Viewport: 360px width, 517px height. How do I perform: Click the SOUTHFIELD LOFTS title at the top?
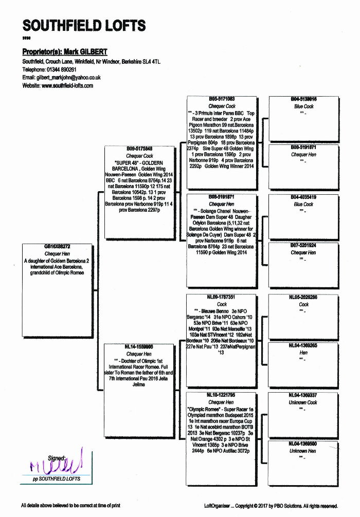tap(84, 25)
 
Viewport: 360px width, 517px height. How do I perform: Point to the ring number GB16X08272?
tap(57, 247)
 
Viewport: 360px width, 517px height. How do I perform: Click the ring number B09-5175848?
tap(139, 149)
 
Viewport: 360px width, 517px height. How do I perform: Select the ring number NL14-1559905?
tap(139, 347)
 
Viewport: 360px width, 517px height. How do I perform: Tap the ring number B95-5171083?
tap(222, 99)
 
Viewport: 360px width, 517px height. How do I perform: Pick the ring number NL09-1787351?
tap(222, 297)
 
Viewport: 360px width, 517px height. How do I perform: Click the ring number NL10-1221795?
tap(222, 395)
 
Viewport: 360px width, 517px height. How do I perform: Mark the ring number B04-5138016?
tap(303, 99)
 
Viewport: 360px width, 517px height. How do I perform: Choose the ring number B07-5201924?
tap(303, 246)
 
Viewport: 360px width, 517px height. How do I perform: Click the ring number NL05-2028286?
tap(303, 297)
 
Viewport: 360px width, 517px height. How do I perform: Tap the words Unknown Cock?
tap(303, 402)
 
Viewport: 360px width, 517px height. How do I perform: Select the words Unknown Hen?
tap(303, 451)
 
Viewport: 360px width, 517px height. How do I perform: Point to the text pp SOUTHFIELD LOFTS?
tap(56, 479)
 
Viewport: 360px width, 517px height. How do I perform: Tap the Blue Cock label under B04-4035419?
tap(303, 204)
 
